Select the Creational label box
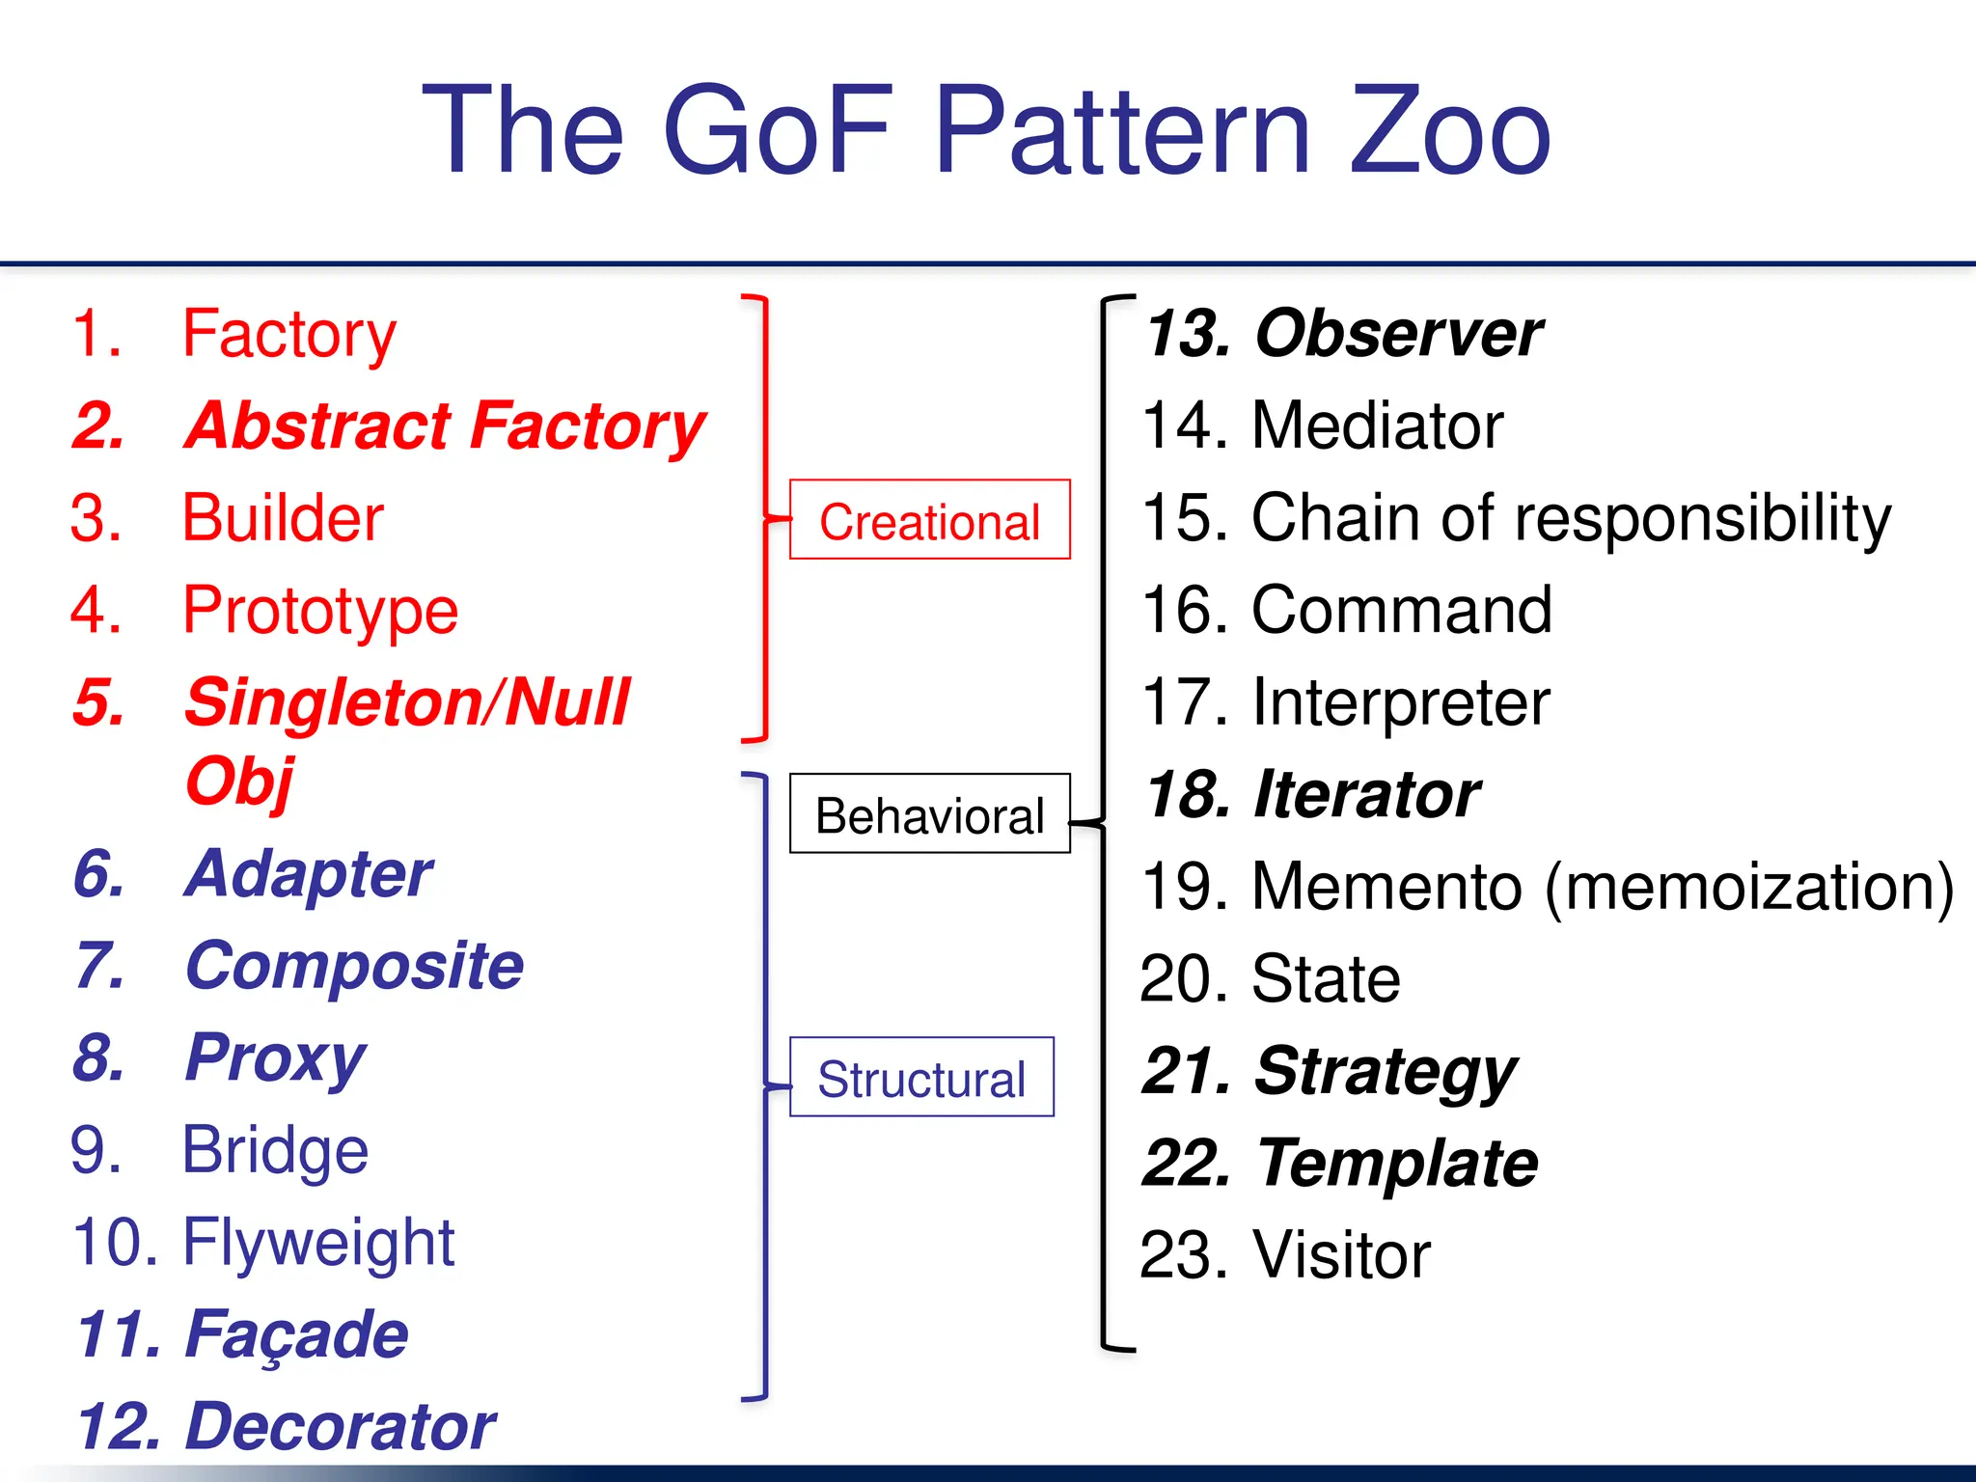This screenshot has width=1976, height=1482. click(x=929, y=520)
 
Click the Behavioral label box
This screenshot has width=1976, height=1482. click(x=929, y=814)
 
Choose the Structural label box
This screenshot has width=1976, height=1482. click(x=921, y=1078)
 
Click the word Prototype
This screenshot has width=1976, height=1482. click(x=319, y=610)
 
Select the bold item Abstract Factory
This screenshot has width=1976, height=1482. click(x=445, y=425)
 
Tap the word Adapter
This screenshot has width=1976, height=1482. click(x=309, y=874)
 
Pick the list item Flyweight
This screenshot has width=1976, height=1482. click(x=317, y=1242)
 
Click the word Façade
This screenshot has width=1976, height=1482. click(x=296, y=1334)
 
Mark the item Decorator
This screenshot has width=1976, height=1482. click(x=340, y=1426)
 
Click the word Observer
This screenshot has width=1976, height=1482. click(x=1398, y=333)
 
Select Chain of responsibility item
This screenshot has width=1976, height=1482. click(x=1570, y=518)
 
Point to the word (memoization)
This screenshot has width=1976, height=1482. click(x=1748, y=886)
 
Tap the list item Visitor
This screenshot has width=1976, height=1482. click(x=1340, y=1254)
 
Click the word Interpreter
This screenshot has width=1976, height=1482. click(x=1400, y=701)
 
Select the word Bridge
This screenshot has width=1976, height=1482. click(x=275, y=1150)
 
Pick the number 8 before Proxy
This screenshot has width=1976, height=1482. click(x=98, y=1057)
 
